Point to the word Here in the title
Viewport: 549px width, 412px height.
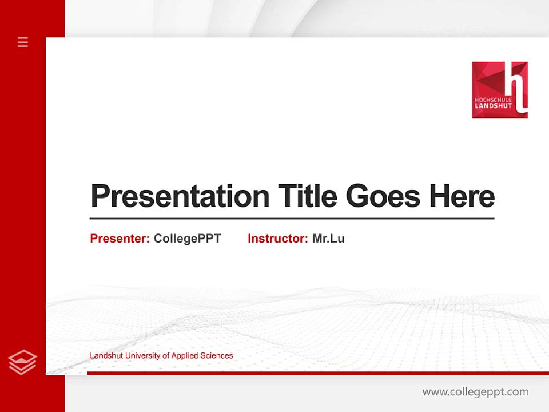tap(462, 196)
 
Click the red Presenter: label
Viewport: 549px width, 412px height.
tap(120, 239)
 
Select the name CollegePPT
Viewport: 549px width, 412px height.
tap(187, 239)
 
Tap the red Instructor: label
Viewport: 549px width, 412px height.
tap(277, 239)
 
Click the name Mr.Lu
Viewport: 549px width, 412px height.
tap(328, 239)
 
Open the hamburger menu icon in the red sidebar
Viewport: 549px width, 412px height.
tap(23, 42)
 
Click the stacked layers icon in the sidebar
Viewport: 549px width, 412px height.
tap(23, 362)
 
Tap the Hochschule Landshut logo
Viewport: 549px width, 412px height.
tap(499, 90)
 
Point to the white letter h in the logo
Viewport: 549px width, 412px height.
tap(517, 86)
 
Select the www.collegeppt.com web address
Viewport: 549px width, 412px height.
tap(475, 392)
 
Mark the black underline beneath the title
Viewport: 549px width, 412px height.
tap(292, 219)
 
